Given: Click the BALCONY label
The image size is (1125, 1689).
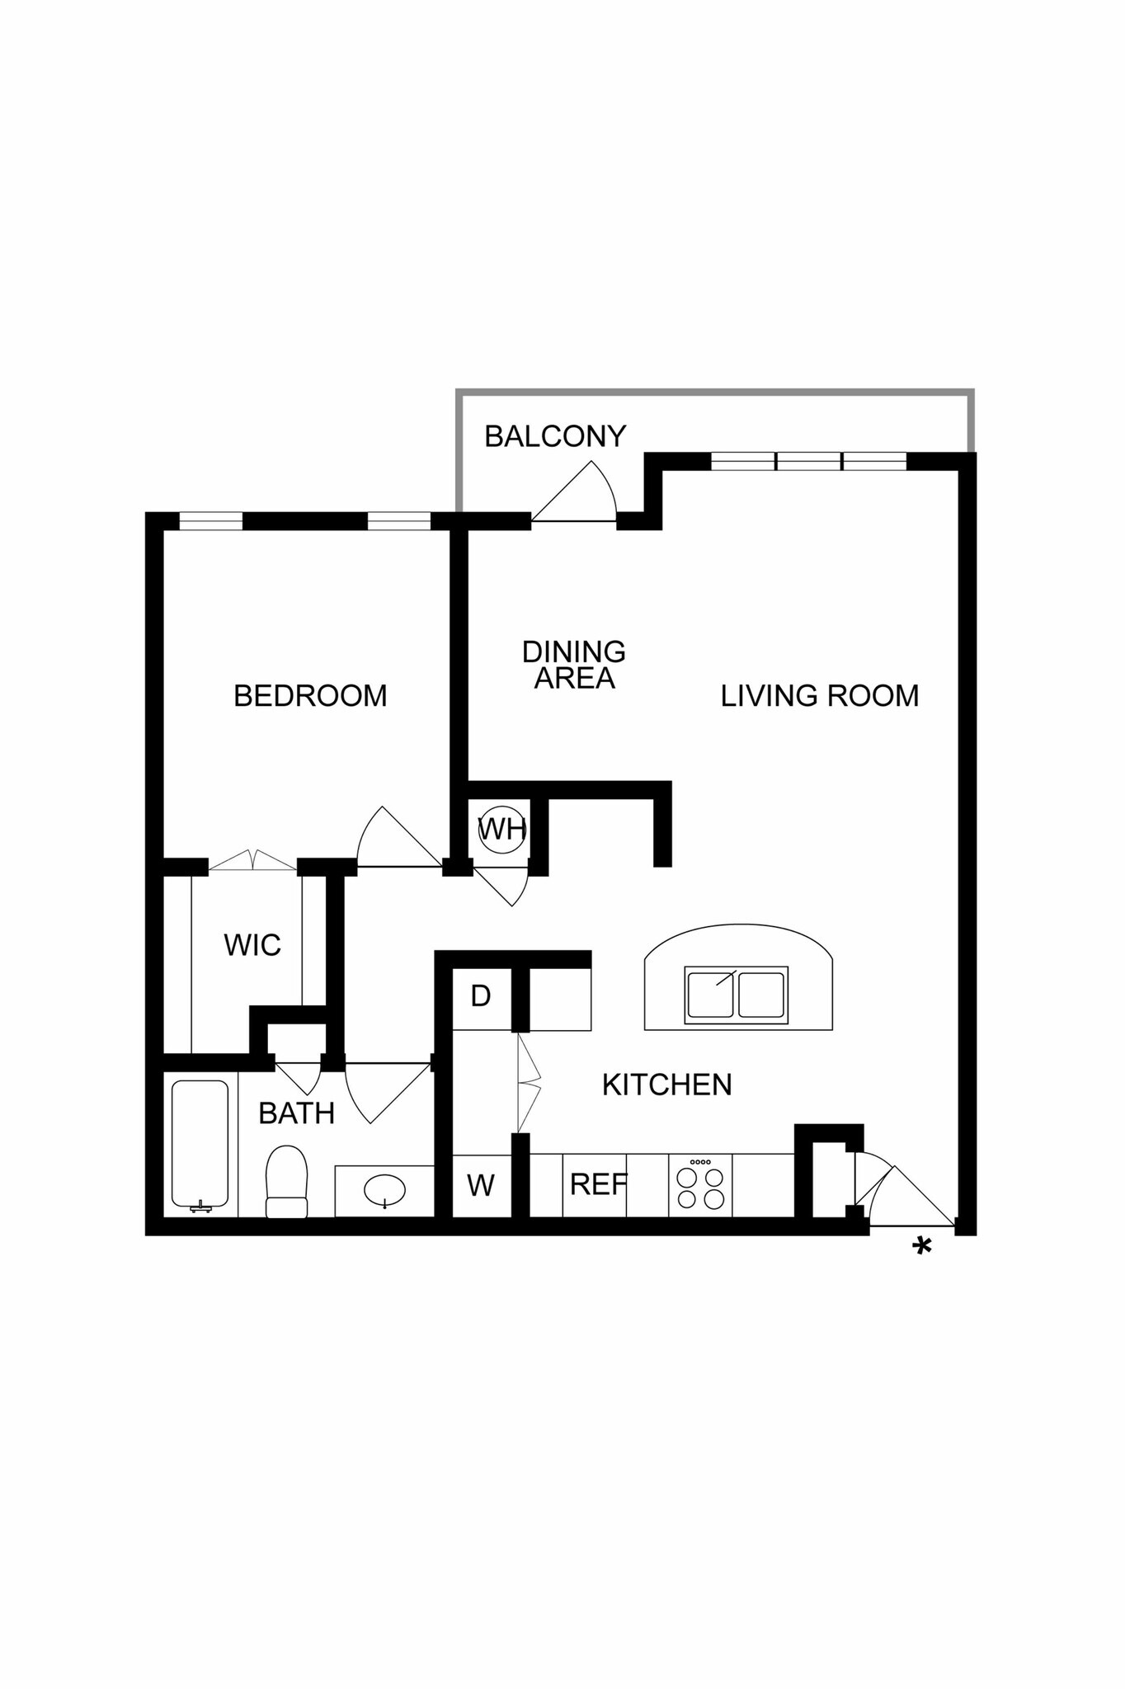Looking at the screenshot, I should point(555,436).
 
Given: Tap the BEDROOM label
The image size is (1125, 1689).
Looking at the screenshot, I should point(310,696).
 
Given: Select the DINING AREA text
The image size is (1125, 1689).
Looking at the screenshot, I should point(574,665).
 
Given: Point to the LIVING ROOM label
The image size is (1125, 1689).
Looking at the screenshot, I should point(819,696).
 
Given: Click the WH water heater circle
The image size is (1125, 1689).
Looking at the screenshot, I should point(501,829).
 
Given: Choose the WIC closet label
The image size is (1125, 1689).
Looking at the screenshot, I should point(252,945).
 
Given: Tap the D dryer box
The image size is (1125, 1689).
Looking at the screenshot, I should point(481,996).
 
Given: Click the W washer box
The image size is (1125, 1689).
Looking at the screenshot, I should point(481,1186).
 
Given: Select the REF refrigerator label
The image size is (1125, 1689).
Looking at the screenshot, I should point(598,1185).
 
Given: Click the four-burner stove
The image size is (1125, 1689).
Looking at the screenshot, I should point(700,1186).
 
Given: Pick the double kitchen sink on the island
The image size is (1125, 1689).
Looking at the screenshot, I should point(736,995).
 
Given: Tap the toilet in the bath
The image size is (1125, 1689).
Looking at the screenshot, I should point(286,1182).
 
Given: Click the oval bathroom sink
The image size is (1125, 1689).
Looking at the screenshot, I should point(384,1190).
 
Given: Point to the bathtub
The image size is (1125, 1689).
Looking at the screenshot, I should point(200,1145).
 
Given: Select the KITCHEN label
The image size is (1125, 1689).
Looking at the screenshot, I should point(666,1085).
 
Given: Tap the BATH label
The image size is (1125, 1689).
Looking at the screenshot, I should point(296,1114).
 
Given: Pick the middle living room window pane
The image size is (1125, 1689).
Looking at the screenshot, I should point(808,462).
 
